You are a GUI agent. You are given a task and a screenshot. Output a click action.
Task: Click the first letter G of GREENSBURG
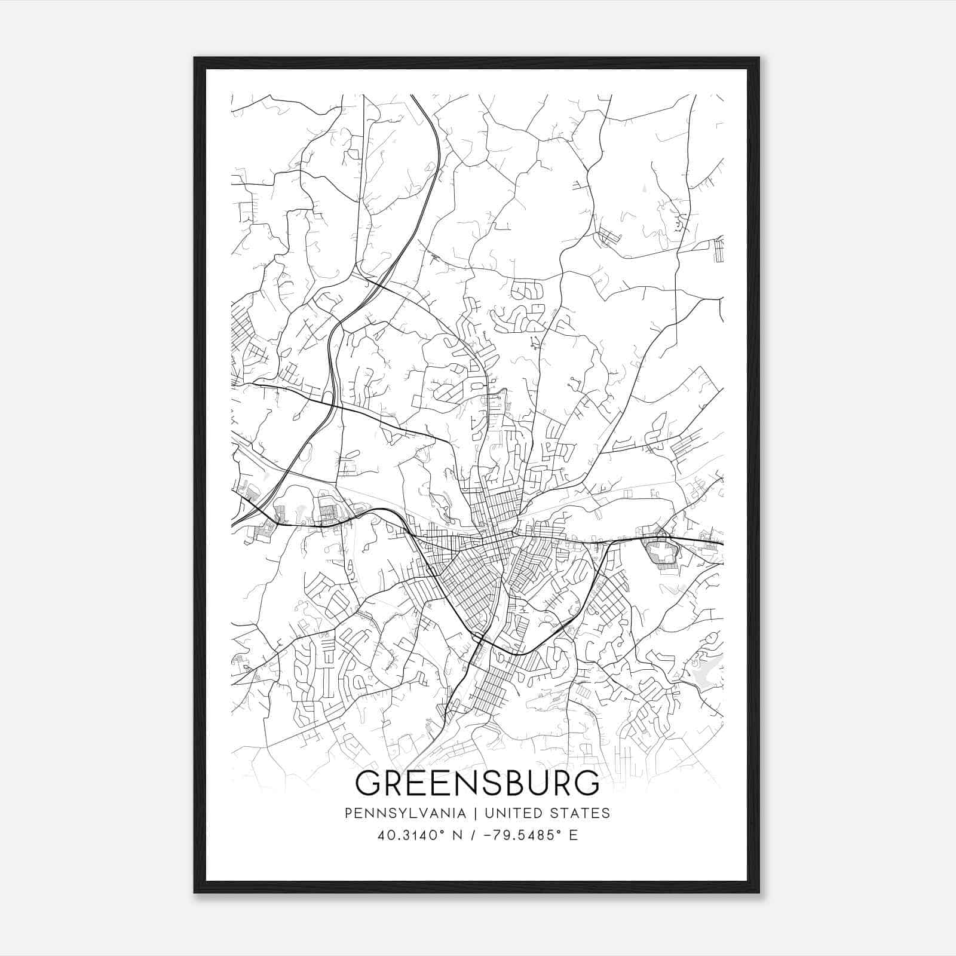[369, 783]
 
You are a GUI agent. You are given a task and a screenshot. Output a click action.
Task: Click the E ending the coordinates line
[574, 835]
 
